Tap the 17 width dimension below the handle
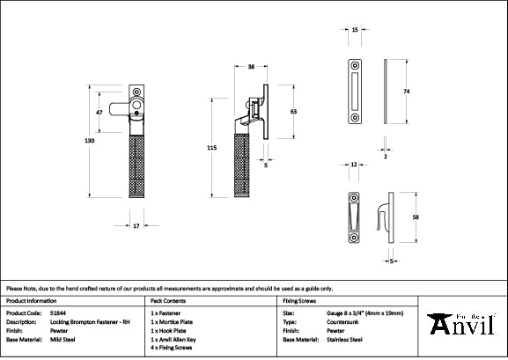(136, 226)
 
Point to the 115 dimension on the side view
(211, 150)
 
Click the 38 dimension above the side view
(251, 67)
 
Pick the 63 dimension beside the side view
(292, 112)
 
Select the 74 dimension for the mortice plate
(408, 91)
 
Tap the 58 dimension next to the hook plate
(415, 216)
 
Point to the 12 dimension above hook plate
(352, 165)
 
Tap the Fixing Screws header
(299, 301)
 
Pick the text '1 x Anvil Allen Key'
(180, 339)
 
